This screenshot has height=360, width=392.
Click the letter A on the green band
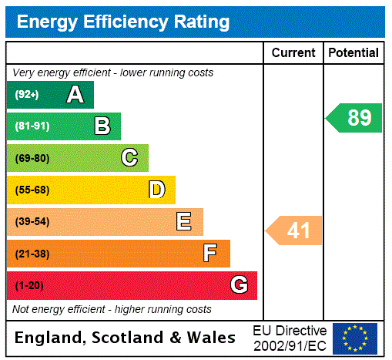[x=75, y=95]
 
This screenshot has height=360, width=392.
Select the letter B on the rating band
[x=102, y=126]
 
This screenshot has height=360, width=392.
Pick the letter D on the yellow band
[x=157, y=190]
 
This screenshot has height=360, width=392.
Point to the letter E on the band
[x=184, y=222]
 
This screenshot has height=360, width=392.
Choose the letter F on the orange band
[x=210, y=253]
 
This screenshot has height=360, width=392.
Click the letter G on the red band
[x=239, y=285]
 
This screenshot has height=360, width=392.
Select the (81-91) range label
[x=32, y=126]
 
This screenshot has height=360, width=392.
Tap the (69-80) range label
[x=32, y=158]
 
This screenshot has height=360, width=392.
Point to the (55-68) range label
[x=32, y=190]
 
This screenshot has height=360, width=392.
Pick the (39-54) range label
[x=32, y=222]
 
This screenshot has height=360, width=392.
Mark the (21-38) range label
[x=32, y=254]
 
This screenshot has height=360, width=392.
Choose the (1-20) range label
[x=29, y=286]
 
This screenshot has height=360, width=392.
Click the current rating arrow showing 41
[x=295, y=230]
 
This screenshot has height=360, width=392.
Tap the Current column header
[x=293, y=53]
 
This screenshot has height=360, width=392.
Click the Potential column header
[x=353, y=53]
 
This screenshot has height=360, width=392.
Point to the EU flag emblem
[x=355, y=338]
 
